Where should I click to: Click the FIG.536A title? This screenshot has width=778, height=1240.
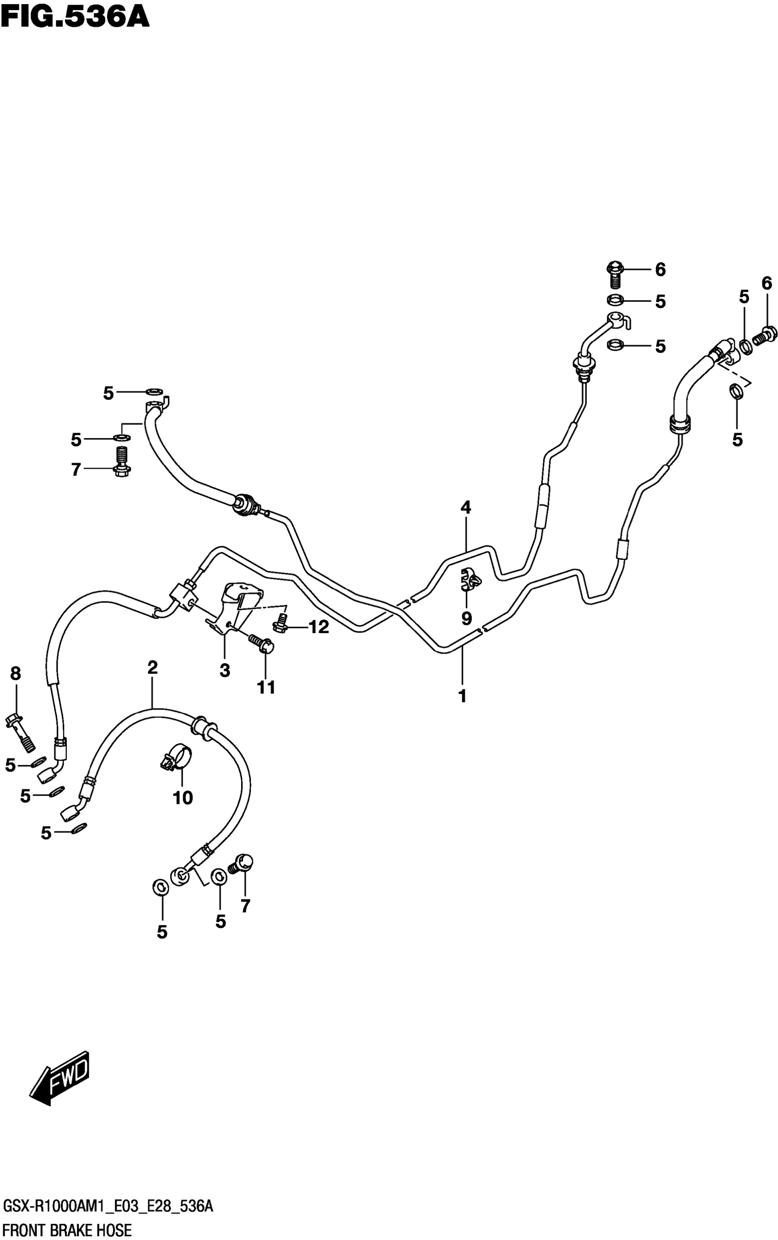[x=75, y=16]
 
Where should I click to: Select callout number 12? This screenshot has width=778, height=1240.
[x=319, y=627]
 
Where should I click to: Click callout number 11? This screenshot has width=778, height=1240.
[x=266, y=687]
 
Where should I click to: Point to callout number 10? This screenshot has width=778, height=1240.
[x=183, y=797]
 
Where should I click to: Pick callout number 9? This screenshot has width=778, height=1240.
[x=466, y=618]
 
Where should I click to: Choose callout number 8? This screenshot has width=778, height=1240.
[x=16, y=673]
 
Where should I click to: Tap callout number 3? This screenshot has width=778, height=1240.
[x=225, y=671]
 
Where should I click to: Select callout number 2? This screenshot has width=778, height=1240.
[x=152, y=668]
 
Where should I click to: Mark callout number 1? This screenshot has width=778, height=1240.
[x=462, y=696]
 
